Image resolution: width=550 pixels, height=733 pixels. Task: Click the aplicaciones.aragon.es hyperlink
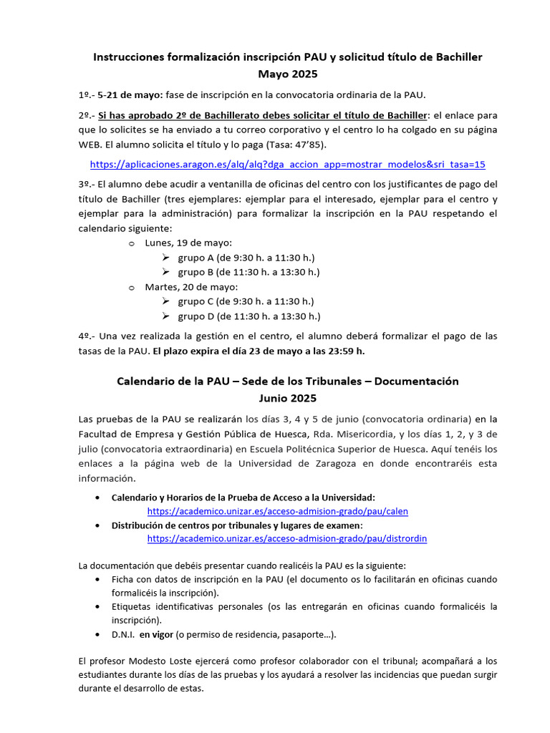pos(287,164)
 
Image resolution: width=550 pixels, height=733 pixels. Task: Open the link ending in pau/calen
pos(277,511)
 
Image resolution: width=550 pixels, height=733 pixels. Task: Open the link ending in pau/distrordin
pos(287,538)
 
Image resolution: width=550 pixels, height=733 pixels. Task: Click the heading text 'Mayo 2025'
pos(287,74)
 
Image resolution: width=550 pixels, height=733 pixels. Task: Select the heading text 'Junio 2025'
pos(287,398)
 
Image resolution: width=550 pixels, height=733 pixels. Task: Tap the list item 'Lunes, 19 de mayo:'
pos(188,243)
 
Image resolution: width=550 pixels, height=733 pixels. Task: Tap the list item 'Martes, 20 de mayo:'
pos(191,287)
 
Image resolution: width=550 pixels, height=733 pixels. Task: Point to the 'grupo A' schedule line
pos(246,258)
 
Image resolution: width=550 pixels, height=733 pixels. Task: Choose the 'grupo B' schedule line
pos(249,272)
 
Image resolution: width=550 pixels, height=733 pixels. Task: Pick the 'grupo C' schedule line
pos(246,301)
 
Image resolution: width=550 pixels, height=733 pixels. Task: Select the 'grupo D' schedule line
pos(249,316)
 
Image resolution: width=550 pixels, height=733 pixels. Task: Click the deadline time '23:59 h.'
pos(346,351)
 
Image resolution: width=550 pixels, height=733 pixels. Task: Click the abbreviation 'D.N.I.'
pos(122,634)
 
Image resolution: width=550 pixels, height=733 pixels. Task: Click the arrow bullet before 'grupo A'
pos(165,258)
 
